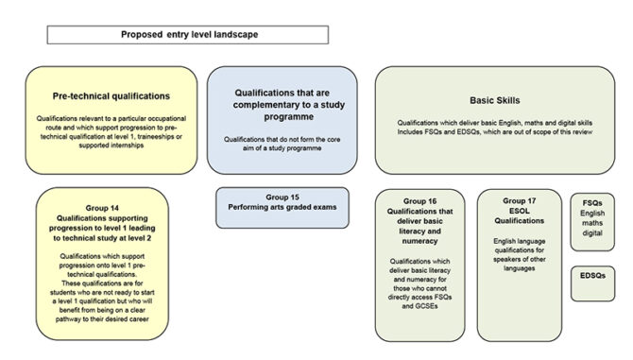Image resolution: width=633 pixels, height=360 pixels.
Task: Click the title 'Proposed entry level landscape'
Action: click(187, 34)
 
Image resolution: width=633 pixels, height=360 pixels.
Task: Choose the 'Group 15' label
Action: click(283, 197)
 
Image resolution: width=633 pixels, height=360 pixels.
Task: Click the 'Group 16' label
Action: click(419, 201)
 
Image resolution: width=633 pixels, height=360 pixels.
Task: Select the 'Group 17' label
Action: click(520, 201)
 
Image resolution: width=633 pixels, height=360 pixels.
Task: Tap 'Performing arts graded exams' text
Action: click(283, 206)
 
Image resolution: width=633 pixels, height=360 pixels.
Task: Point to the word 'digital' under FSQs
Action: click(592, 233)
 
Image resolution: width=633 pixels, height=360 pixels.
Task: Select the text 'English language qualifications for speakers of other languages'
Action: click(520, 254)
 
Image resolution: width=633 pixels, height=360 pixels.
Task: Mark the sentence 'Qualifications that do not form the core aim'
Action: click(283, 144)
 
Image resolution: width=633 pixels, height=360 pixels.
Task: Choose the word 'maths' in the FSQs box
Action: click(592, 223)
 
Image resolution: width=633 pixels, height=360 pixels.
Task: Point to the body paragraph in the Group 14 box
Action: click(103, 287)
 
